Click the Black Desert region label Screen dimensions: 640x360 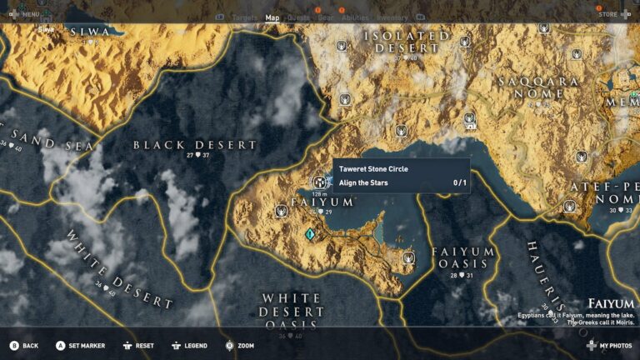coord(196,145)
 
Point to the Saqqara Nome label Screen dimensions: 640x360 coord(538,87)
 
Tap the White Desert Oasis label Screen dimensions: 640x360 coord(292,311)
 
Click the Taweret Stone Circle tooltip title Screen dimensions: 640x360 coord(373,169)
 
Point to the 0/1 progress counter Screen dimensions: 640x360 coord(459,182)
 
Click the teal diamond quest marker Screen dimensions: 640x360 coord(311,236)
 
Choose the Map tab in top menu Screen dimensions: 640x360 coord(272,17)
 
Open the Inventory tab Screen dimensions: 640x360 coord(392,17)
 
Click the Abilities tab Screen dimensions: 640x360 coord(355,17)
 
